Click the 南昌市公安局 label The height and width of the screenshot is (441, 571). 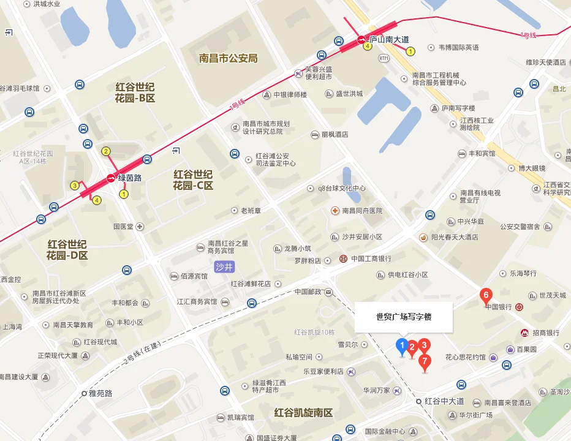228,59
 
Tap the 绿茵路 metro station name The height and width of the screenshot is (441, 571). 130,178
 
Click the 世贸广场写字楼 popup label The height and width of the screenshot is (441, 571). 404,317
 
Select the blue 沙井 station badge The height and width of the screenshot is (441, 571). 225,266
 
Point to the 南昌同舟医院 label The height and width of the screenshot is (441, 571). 362,211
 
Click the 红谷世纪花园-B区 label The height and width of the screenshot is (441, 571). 135,92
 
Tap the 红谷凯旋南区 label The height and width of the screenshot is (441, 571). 303,413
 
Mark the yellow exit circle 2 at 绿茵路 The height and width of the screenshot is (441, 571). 106,151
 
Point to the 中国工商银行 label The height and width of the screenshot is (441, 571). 371,258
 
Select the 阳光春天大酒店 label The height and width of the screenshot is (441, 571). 455,237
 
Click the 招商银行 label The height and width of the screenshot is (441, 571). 546,333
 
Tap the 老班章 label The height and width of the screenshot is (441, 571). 251,211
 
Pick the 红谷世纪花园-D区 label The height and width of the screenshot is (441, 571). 67,249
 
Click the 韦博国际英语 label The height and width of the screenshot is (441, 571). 459,47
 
